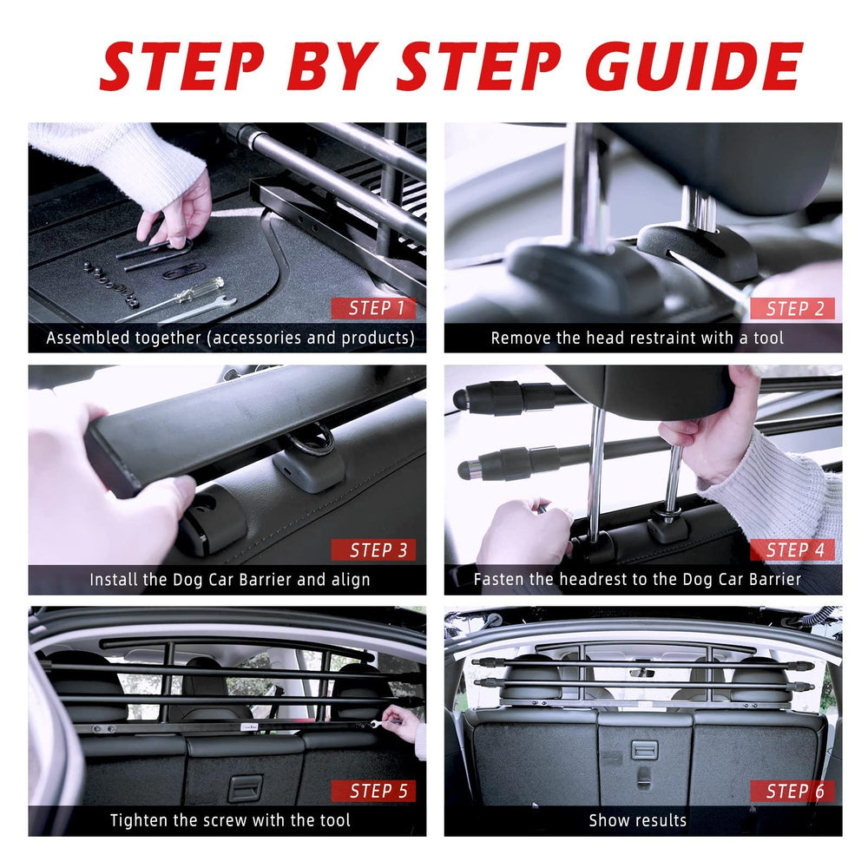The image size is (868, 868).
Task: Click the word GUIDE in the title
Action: [x=694, y=66]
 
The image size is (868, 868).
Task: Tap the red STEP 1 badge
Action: [x=373, y=308]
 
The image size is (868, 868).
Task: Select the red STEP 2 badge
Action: [x=792, y=308]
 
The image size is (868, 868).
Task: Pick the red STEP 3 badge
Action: [x=373, y=549]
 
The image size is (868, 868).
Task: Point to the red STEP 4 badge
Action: [x=792, y=549]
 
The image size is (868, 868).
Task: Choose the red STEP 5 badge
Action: [x=373, y=791]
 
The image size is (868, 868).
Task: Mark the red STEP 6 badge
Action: [x=792, y=791]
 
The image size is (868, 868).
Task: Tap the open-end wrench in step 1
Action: [x=200, y=311]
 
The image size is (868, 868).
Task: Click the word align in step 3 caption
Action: [x=351, y=580]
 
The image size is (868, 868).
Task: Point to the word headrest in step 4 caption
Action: [x=593, y=580]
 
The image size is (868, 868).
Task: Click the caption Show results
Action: [x=638, y=820]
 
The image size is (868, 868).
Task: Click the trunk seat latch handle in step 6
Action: [x=644, y=751]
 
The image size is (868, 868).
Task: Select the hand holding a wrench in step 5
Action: [x=401, y=723]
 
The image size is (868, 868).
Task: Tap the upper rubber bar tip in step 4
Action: [x=461, y=398]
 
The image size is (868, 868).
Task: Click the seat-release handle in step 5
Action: [x=245, y=788]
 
